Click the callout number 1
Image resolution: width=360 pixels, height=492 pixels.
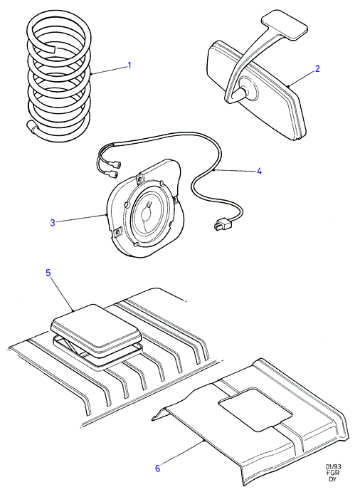(x=129, y=66)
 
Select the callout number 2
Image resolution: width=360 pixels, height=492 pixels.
(x=317, y=69)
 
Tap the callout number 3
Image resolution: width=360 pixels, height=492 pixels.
(x=53, y=223)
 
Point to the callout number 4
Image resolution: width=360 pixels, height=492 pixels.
(x=259, y=171)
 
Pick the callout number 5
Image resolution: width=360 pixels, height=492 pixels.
(x=48, y=273)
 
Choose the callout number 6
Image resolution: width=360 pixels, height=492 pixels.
(x=158, y=469)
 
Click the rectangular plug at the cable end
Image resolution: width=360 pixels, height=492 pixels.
(x=222, y=224)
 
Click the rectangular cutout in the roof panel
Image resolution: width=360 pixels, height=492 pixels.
(x=255, y=409)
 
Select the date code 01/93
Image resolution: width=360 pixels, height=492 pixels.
(x=332, y=466)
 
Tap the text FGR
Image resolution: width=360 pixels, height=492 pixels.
(x=333, y=473)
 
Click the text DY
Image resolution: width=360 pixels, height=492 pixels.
(x=332, y=479)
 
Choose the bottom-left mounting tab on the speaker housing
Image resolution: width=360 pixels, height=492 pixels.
(x=117, y=232)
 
